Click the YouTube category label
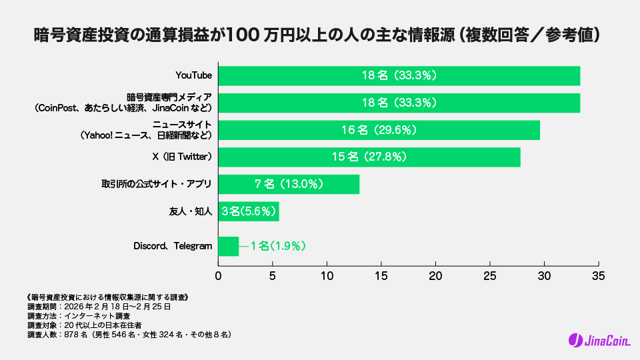[x=193, y=76]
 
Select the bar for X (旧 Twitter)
[x=369, y=157]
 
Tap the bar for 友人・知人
[x=248, y=211]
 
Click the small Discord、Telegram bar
[x=228, y=246]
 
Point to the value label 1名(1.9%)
[x=278, y=246]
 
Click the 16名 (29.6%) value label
[x=379, y=130]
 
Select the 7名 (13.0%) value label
[x=289, y=184]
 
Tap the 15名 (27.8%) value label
[x=369, y=157]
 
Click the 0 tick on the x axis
[x=219, y=275]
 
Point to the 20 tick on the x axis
[x=435, y=275]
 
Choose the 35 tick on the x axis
[x=598, y=275]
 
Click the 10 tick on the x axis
[x=327, y=275]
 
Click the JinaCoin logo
[x=599, y=340]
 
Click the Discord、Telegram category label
[x=173, y=246]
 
